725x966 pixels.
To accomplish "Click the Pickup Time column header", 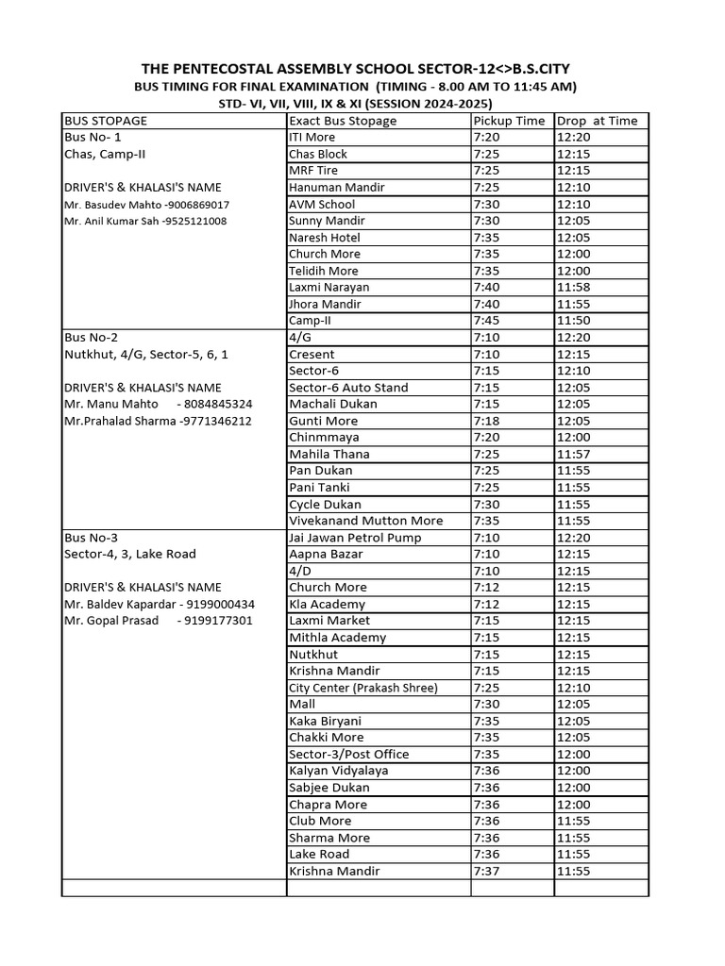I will click(x=509, y=121).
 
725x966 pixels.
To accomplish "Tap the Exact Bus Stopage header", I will click(x=343, y=121).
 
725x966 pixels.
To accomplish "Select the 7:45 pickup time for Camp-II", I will click(x=487, y=321).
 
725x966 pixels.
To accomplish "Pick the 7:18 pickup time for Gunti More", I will click(x=487, y=421).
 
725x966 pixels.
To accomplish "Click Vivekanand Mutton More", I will click(x=365, y=521).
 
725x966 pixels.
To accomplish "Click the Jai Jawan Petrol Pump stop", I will click(x=355, y=538).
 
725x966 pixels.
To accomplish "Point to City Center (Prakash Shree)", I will click(x=363, y=688).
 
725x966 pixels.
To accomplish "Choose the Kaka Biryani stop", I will click(x=325, y=721).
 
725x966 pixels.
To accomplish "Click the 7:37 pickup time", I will click(x=487, y=871).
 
